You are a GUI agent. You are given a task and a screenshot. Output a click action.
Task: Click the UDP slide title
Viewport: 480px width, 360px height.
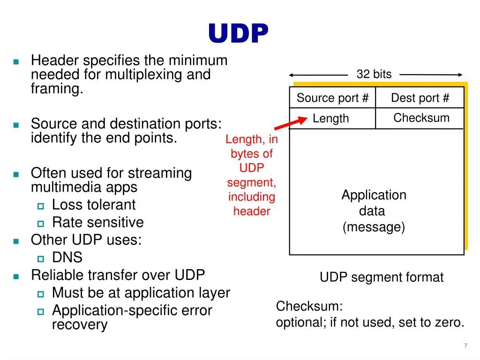238,34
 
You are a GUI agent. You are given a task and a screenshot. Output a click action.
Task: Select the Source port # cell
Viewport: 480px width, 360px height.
332,98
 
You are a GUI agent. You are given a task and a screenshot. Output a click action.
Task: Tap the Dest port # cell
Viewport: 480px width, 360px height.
420,98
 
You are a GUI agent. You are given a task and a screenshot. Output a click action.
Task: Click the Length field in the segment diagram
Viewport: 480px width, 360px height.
331,119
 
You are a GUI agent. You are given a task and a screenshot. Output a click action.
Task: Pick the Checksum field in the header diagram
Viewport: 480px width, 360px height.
421,118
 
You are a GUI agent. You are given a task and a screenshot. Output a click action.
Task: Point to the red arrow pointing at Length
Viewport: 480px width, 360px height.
287,123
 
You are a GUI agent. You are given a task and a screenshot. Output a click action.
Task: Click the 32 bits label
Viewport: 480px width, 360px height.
374,74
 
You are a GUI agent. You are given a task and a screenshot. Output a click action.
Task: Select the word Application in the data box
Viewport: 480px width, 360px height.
374,195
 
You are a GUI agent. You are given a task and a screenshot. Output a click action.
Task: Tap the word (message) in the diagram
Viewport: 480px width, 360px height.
374,227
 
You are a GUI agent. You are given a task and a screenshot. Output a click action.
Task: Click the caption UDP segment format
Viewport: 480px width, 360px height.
381,277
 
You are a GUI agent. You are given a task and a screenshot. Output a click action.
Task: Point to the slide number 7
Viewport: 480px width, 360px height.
465,346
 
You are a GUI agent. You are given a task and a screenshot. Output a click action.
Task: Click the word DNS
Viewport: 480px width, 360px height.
67,257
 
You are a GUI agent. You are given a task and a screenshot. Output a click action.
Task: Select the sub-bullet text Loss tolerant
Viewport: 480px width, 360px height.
93,205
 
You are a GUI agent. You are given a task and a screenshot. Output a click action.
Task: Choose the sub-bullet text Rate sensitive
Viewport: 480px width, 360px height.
97,222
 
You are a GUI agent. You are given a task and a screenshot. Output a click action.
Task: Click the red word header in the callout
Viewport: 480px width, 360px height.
252,211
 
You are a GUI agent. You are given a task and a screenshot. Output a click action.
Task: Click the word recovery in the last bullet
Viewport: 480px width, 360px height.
80,325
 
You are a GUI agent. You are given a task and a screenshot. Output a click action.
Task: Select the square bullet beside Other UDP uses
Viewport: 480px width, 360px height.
16,241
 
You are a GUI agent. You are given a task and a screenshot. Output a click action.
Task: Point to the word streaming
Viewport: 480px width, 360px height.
160,173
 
